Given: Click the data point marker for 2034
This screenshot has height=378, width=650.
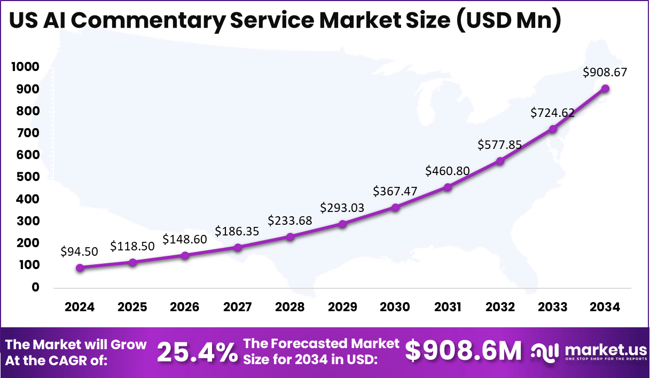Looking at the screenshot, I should click(605, 89).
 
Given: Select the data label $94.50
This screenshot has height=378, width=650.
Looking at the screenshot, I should click(80, 251).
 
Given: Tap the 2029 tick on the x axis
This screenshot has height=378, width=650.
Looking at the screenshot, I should click(342, 307).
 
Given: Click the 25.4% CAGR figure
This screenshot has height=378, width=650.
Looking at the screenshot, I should click(197, 352).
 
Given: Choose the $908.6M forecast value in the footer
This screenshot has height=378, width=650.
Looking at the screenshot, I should click(463, 351).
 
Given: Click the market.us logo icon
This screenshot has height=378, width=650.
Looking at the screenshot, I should click(545, 352).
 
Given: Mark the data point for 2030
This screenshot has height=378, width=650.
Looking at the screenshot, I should click(395, 207).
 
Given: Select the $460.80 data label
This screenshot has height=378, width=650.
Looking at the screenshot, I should click(448, 171).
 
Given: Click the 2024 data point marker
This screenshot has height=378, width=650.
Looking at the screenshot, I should click(80, 268).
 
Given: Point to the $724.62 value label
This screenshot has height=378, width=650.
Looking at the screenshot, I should click(552, 113).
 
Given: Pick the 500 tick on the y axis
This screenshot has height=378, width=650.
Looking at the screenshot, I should click(25, 177).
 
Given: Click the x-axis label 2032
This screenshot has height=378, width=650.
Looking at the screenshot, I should click(500, 307).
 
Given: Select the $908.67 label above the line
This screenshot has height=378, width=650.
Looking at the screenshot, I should click(605, 72).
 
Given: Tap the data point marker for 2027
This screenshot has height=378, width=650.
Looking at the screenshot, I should click(238, 247).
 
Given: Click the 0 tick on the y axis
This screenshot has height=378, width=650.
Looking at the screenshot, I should click(35, 287).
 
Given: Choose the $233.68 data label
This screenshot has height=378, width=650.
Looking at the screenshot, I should click(289, 220).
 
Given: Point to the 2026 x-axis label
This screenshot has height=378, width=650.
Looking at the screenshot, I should click(185, 307).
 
